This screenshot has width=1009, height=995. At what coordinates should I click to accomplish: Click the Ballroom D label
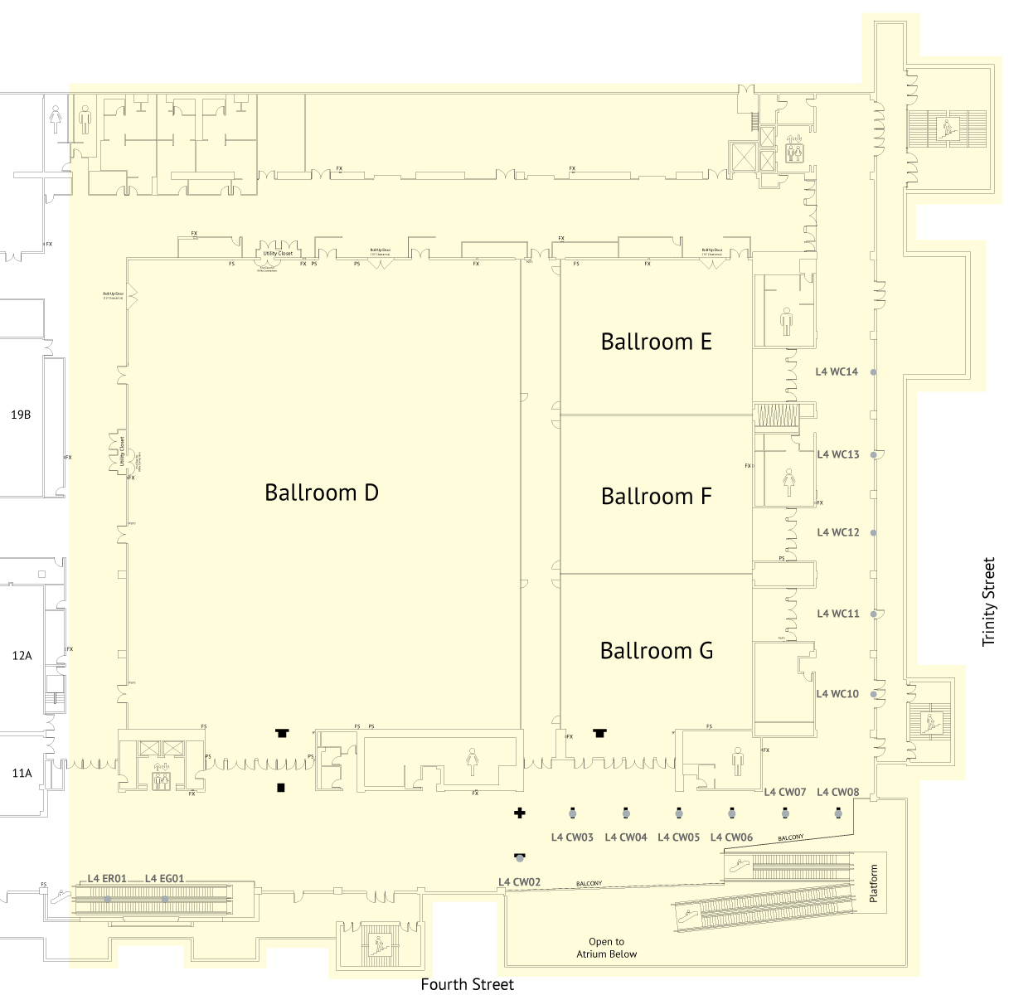(322, 493)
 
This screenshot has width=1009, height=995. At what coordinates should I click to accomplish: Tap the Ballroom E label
(656, 342)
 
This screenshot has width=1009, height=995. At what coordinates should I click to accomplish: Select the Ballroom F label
(656, 496)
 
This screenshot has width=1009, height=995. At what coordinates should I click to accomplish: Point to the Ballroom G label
(656, 651)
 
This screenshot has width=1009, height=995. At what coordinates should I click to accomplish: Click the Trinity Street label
(988, 602)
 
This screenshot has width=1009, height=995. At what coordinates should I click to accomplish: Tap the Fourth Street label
(467, 984)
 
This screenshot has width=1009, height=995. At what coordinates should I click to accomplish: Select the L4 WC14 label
(837, 372)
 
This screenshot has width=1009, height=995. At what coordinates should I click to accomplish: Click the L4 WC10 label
(837, 694)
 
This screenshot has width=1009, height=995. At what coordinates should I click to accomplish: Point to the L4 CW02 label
(519, 882)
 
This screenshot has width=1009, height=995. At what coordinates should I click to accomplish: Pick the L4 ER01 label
(107, 879)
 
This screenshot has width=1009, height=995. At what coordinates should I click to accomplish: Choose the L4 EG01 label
(164, 879)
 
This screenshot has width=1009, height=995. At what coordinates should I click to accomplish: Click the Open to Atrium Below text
(607, 948)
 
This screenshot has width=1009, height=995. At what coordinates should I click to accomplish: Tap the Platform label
(873, 884)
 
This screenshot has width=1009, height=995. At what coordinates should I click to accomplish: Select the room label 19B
(21, 415)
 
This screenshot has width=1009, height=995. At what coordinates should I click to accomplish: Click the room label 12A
(22, 656)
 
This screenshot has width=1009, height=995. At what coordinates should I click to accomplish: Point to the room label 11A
(22, 774)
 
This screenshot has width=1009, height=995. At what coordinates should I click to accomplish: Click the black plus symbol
(520, 813)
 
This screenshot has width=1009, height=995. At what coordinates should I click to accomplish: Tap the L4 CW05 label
(678, 837)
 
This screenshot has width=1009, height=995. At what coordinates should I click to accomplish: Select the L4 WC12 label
(838, 532)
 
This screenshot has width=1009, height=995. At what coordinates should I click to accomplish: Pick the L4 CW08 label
(837, 792)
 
